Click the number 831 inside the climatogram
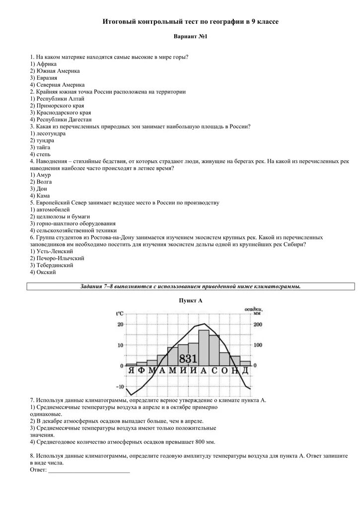pyautogui.click(x=188, y=359)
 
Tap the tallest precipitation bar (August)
pyautogui.click(x=204, y=347)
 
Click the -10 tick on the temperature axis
pyautogui.click(x=120, y=387)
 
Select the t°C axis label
pyautogui.click(x=120, y=314)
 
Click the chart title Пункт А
pyautogui.click(x=191, y=301)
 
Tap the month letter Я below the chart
pyautogui.click(x=131, y=371)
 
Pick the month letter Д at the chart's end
pyautogui.click(x=245, y=371)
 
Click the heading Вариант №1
pyautogui.click(x=190, y=37)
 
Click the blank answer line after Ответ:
pyautogui.click(x=89, y=470)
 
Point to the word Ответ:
pyautogui.click(x=38, y=470)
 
